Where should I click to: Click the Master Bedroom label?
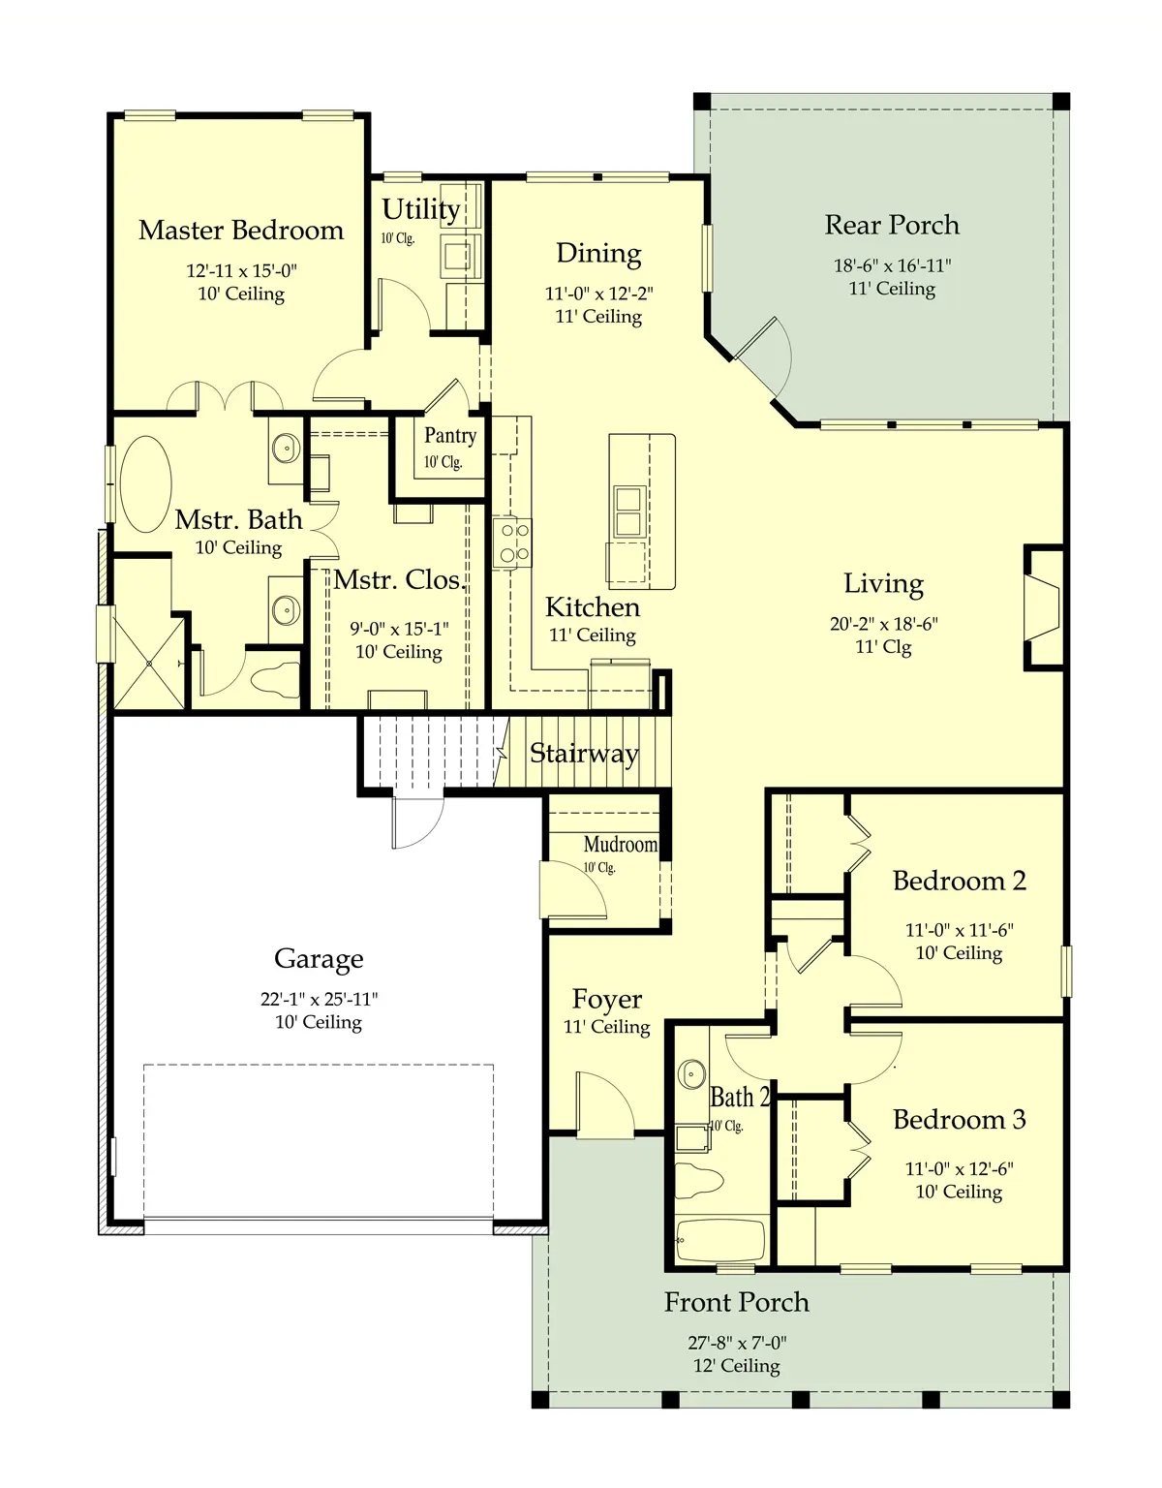pos(241,231)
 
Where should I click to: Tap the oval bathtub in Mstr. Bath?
pos(146,483)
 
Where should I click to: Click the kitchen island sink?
pos(628,511)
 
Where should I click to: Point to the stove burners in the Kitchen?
pos(512,543)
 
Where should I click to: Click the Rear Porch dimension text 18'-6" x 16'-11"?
pos(892,265)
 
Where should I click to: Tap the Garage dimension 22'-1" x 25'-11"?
pos(319,999)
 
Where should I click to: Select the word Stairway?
pos(584,754)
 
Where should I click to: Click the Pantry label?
pos(449,435)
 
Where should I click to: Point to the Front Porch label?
pos(736,1302)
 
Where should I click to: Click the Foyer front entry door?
pos(605,1103)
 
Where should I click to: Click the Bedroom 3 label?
pos(959,1119)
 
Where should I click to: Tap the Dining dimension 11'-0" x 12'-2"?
pos(598,294)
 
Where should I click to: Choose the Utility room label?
pos(420,209)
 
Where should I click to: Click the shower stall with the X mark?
pos(148,663)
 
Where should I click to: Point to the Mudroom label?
pos(620,845)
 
